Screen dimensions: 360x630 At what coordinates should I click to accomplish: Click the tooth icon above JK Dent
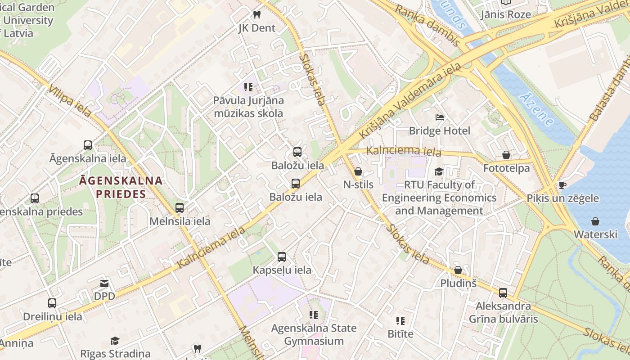pos(257,14)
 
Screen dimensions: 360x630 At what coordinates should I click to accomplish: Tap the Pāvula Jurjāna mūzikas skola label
pos(248,107)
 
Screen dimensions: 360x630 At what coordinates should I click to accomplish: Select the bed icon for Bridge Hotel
pos(440,117)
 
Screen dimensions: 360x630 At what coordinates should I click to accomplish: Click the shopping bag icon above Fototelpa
pos(506,155)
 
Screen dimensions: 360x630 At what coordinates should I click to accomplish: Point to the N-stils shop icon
pos(358,171)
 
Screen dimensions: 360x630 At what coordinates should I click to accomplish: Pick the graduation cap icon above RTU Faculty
pos(439,171)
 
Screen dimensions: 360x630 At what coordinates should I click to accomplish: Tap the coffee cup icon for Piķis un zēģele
pos(562,185)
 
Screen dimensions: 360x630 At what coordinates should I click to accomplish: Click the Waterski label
pos(595,234)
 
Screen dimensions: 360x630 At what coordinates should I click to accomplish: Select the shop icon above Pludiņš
pos(458,270)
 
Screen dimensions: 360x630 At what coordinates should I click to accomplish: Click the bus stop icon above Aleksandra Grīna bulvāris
pos(503,293)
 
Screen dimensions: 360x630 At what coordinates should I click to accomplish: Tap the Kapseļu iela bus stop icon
pos(282,257)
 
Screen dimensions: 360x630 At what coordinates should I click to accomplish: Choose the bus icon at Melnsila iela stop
pos(180,208)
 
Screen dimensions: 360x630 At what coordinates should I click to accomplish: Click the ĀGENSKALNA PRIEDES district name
pos(121,187)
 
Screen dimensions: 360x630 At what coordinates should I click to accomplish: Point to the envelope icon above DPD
pos(104,283)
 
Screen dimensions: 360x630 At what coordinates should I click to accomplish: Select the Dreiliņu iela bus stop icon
pos(52,303)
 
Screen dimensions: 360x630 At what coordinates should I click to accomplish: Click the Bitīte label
pos(400,334)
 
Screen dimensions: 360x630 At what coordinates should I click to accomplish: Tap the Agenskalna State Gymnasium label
pos(314,334)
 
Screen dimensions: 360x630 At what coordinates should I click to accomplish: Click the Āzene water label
pos(535,109)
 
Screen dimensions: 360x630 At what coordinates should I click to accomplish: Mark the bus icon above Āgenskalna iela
pos(88,145)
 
